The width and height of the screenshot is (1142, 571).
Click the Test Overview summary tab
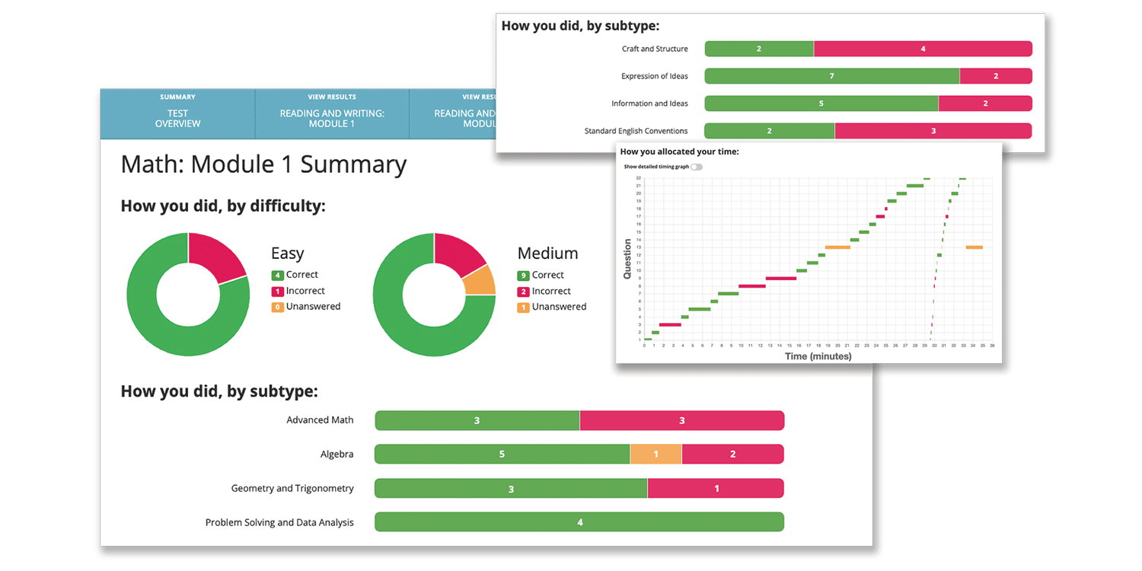[177, 113]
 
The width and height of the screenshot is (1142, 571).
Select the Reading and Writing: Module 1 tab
[331, 113]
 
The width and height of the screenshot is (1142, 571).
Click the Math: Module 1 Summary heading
[263, 164]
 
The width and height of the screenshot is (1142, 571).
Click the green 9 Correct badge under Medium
[523, 276]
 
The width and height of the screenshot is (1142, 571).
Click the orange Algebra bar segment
[656, 455]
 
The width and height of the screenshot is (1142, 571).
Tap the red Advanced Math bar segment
[681, 420]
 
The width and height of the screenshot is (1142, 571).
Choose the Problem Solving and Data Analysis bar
[579, 522]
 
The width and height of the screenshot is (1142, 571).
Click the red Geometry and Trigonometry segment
[716, 489]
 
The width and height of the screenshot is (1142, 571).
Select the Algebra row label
[337, 455]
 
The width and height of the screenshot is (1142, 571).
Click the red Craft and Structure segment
[923, 49]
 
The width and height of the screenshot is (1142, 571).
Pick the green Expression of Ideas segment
[831, 76]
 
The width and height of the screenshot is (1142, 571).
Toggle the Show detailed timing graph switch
[696, 167]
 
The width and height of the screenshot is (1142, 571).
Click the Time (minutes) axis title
[818, 356]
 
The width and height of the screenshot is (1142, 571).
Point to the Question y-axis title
[628, 259]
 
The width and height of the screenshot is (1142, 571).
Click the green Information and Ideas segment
[821, 104]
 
